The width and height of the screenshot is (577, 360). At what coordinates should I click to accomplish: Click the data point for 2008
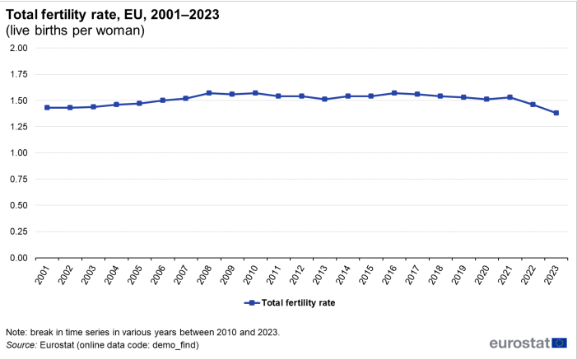pos(209,93)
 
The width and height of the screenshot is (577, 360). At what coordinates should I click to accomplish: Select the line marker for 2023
pos(556,113)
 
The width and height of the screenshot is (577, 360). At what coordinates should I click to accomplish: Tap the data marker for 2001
pos(47,108)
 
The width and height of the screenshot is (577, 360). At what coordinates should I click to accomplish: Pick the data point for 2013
pos(325,99)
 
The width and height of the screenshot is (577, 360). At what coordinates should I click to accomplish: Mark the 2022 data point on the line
pos(533,105)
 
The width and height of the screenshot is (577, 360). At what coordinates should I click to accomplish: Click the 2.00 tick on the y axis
pos(18,49)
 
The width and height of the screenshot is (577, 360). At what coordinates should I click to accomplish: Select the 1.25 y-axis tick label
pos(18,127)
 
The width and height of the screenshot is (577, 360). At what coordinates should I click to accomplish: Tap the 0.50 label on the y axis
pos(18,206)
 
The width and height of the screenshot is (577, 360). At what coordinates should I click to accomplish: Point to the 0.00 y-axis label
pos(18,258)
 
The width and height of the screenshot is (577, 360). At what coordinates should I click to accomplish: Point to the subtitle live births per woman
pos(76,30)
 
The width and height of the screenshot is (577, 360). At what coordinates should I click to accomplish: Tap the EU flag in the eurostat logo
pos(560,343)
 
